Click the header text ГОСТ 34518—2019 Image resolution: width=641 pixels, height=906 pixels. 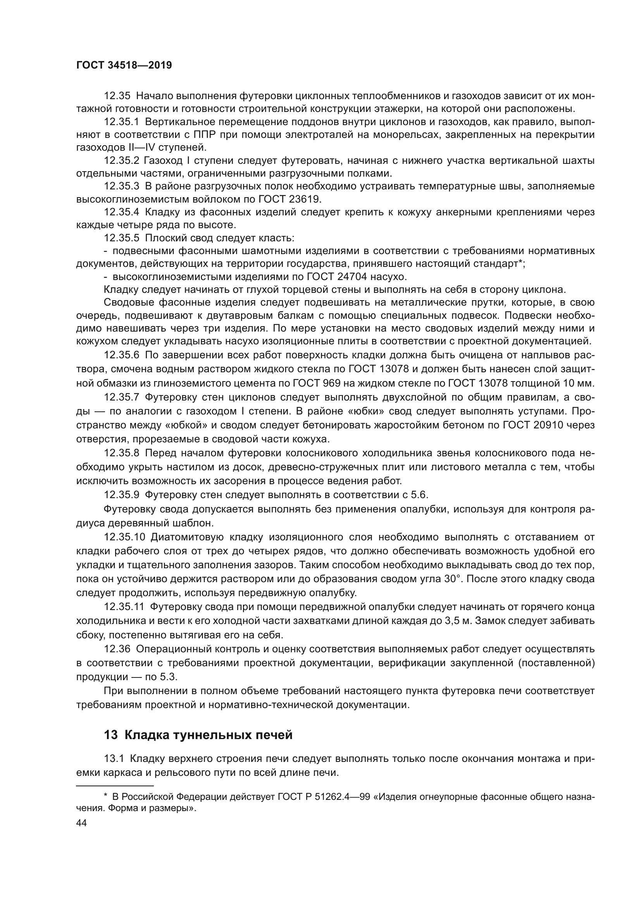(124, 65)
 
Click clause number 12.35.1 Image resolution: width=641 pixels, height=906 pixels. (122, 122)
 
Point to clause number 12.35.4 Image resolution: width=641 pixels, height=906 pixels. (122, 212)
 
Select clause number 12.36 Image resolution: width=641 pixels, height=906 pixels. (117, 649)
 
